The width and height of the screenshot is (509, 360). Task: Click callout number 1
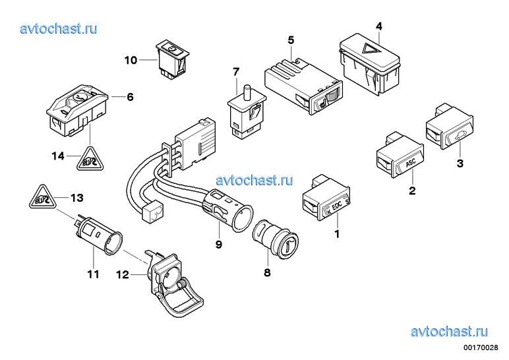click(x=337, y=233)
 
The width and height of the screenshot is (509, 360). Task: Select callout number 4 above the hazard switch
click(x=378, y=26)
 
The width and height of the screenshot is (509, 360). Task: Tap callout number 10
click(x=130, y=61)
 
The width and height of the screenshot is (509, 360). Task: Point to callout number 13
click(x=77, y=198)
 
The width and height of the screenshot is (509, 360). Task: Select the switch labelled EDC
click(x=326, y=203)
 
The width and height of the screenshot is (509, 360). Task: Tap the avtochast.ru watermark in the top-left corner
click(x=59, y=28)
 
